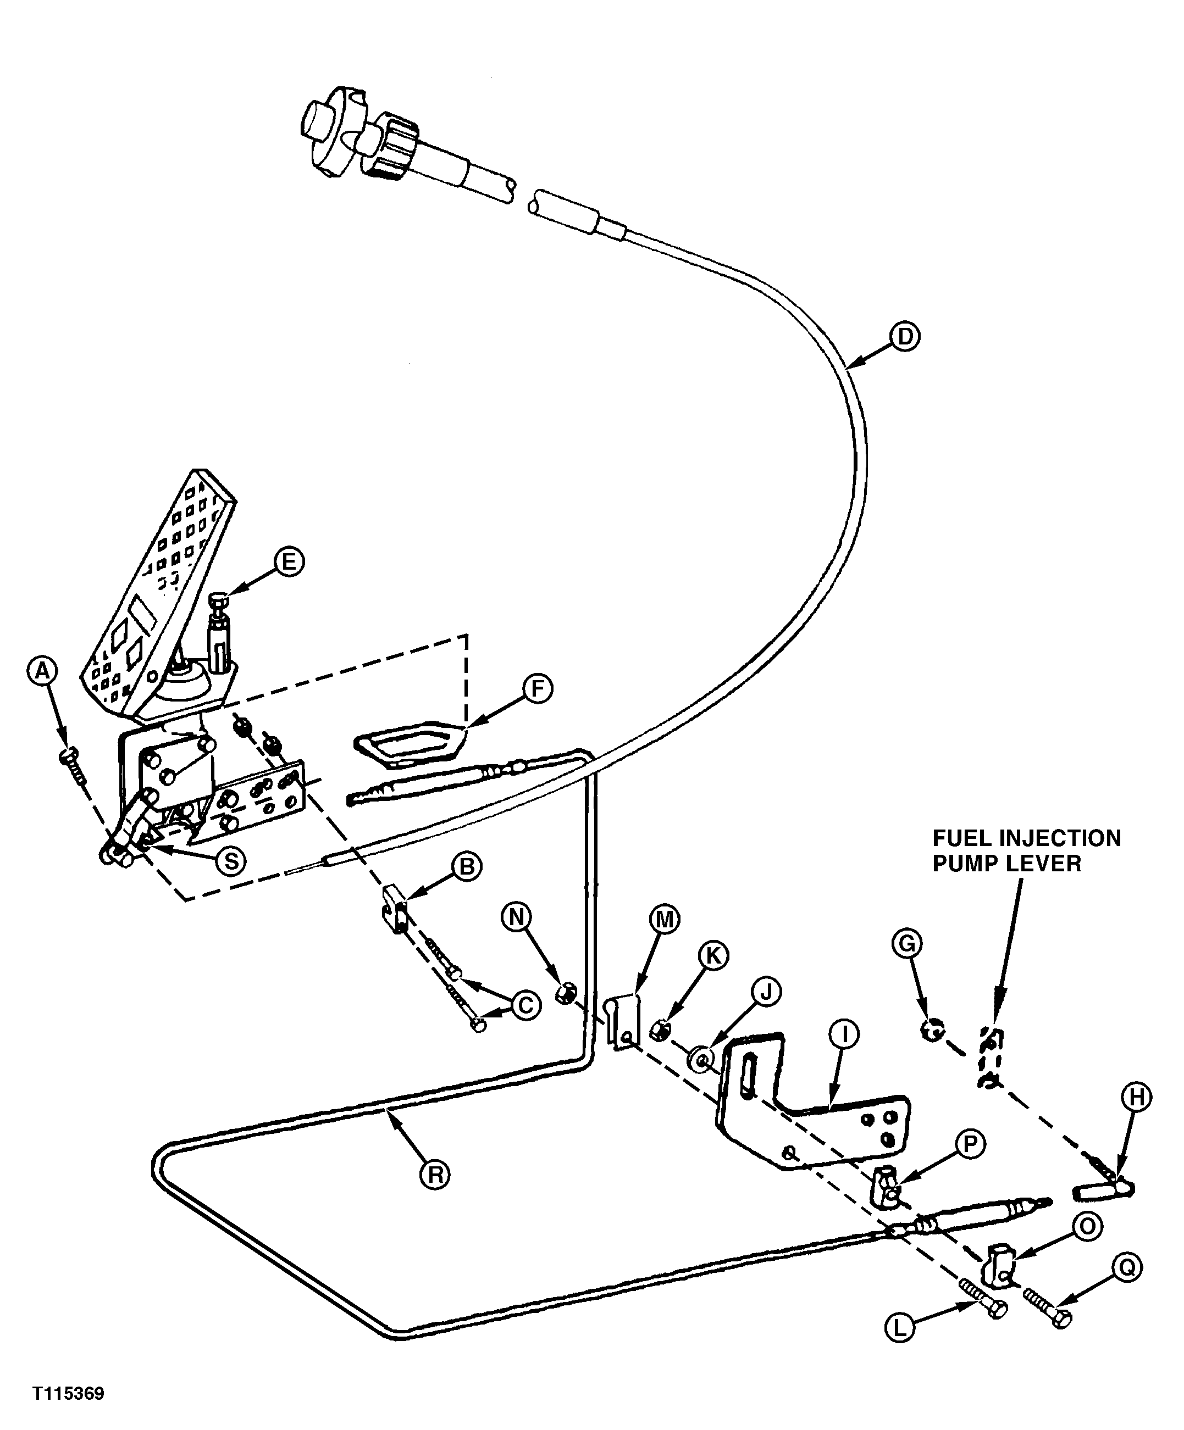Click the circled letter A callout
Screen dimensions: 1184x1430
click(42, 671)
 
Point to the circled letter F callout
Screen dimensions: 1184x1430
click(538, 690)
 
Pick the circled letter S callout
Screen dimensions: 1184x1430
click(231, 861)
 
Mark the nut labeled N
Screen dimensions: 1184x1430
click(564, 994)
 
